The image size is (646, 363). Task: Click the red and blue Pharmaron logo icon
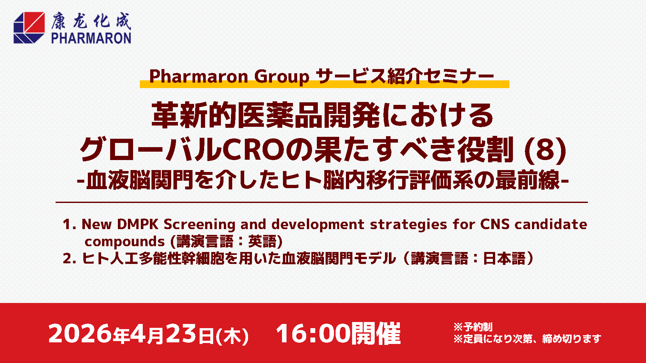[29, 27]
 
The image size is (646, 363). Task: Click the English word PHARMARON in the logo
[91, 38]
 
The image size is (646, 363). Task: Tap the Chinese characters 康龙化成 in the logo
[91, 21]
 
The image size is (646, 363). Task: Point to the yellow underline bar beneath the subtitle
[325, 84]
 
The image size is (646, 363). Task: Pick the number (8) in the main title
[545, 150]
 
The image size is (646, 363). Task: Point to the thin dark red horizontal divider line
[322, 202]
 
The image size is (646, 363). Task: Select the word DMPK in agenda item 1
[138, 224]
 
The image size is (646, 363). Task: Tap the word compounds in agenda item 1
[125, 242]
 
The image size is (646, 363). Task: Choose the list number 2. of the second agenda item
[70, 258]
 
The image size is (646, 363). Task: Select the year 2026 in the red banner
[80, 333]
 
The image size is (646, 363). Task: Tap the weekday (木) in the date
[232, 336]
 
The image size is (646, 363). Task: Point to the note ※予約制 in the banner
[473, 327]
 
